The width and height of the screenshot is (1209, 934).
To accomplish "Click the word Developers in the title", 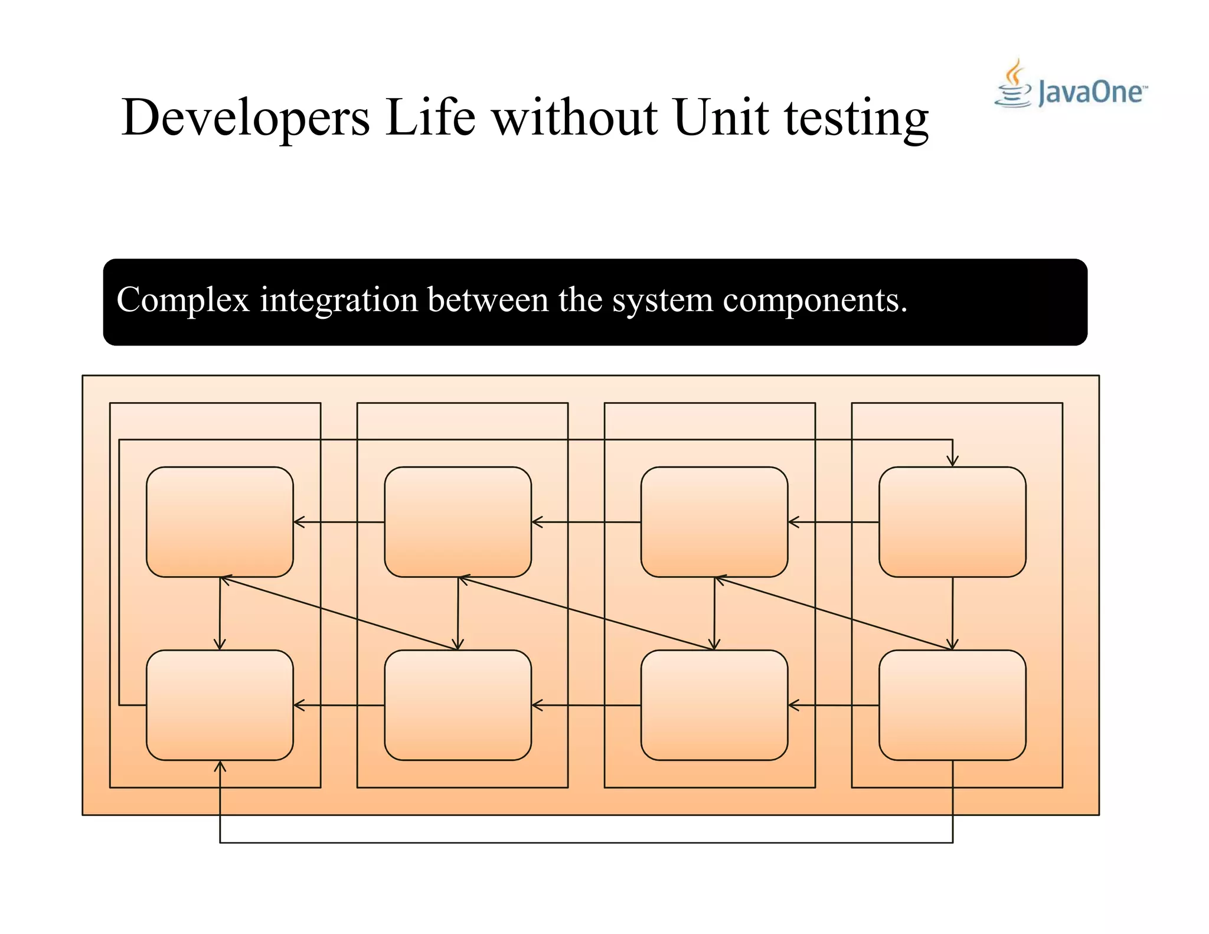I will (245, 118).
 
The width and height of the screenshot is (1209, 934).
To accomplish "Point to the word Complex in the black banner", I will (183, 301).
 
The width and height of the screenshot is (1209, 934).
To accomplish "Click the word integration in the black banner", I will (339, 299).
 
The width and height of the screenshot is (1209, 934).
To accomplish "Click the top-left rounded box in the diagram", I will (220, 522).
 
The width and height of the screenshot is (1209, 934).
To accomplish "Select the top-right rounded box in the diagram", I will (952, 522).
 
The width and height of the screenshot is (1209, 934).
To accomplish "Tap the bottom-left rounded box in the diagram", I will (220, 705).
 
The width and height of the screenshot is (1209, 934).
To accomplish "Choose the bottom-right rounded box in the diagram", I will (952, 705).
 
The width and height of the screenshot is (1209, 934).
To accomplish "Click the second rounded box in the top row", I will (458, 522).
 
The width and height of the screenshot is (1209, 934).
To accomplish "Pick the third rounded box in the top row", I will (714, 522).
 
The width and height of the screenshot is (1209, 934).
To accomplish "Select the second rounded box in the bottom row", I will (458, 705).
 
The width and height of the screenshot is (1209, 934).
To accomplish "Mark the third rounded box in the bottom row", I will (714, 705).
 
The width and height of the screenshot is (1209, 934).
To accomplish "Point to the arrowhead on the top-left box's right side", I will (299, 522).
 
